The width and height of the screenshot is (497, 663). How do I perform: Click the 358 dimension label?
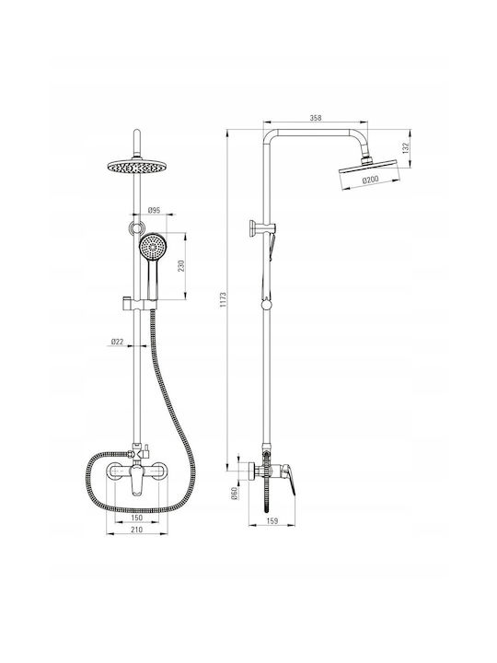(316, 118)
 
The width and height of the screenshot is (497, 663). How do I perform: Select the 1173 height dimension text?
(224, 300)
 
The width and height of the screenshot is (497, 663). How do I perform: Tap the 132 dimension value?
(406, 148)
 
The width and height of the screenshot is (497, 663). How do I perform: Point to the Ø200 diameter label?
(370, 180)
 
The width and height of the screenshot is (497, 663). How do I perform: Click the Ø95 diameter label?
(154, 210)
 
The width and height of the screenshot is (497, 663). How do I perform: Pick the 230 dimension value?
(181, 265)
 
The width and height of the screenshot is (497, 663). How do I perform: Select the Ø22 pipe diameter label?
(117, 342)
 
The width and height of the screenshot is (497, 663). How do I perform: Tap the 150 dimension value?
(137, 518)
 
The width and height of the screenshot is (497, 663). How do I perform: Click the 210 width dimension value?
(137, 529)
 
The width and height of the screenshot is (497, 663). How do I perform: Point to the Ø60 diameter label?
(235, 493)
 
